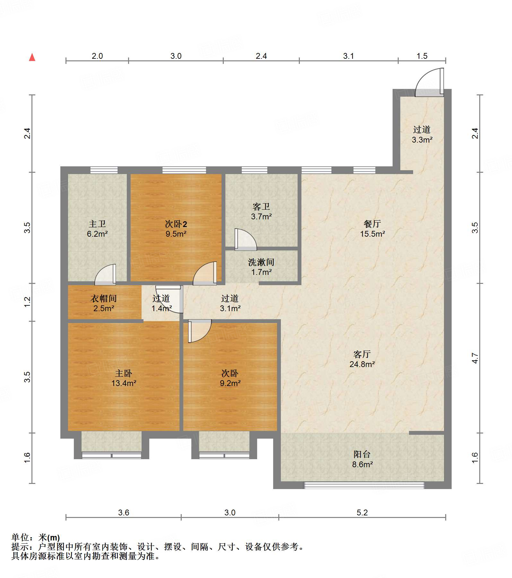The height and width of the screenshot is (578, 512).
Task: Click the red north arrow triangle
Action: click(32, 57)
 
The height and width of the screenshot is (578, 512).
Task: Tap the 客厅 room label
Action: click(362, 354)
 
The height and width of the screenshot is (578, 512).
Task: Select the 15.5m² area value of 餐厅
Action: click(372, 234)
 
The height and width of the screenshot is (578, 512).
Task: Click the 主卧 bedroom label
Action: click(124, 373)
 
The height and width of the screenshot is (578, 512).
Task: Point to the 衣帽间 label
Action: click(103, 298)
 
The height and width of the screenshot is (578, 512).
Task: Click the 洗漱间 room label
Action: click(261, 262)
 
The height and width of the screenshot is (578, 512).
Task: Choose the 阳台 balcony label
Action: click(362, 454)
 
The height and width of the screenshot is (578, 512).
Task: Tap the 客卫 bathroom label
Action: click(261, 206)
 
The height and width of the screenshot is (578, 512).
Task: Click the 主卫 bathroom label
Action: click(97, 224)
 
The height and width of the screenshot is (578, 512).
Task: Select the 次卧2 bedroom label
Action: click(176, 224)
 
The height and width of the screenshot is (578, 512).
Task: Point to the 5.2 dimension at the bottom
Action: click(362, 512)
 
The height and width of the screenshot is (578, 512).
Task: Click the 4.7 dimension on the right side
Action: click(475, 358)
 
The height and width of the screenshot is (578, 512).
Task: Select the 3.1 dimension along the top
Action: click(348, 56)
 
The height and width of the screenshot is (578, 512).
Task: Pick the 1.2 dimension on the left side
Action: click(28, 302)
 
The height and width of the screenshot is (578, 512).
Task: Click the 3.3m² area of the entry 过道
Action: click(422, 140)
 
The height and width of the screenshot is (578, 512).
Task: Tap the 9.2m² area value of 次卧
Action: click(230, 383)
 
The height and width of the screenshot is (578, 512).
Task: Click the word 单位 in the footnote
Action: click(21, 537)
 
